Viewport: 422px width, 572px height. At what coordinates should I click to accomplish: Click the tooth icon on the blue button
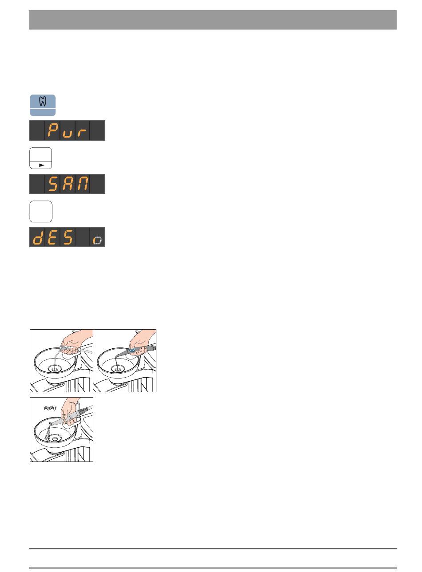click(43, 101)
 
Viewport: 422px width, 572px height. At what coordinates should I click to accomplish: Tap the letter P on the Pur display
click(53, 130)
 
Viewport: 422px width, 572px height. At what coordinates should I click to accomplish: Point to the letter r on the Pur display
click(82, 133)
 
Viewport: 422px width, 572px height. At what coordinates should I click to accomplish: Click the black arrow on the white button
click(41, 165)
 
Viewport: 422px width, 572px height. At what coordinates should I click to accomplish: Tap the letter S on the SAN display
click(53, 184)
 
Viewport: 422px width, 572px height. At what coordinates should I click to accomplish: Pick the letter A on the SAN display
click(68, 184)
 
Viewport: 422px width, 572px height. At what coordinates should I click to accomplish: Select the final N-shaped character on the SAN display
click(82, 184)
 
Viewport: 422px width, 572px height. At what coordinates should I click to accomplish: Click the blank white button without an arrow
click(41, 211)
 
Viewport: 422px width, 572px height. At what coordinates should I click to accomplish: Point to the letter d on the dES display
click(38, 237)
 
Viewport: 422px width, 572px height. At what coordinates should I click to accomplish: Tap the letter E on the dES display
click(53, 237)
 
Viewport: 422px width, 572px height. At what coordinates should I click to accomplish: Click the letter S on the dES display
click(68, 237)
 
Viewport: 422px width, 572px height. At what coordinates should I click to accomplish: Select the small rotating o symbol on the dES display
click(97, 241)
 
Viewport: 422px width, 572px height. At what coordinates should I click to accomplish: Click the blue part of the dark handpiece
click(132, 351)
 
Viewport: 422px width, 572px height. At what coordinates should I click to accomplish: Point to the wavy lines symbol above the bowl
click(50, 408)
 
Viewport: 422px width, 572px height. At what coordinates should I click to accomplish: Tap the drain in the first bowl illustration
click(55, 369)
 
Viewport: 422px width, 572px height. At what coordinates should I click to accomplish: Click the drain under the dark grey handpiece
click(118, 369)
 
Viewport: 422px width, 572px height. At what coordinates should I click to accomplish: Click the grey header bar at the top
click(213, 20)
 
